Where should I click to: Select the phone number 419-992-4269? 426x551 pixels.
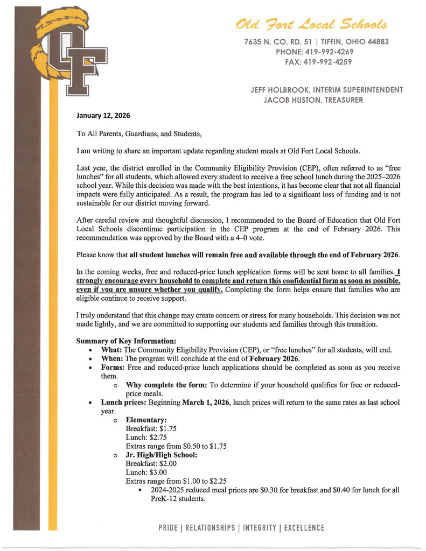tap(330, 52)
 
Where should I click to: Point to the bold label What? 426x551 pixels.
tap(111, 350)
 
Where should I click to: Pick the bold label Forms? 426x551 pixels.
tap(113, 368)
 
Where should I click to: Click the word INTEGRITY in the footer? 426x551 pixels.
tap(261, 527)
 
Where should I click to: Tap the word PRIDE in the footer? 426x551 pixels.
tap(170, 527)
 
